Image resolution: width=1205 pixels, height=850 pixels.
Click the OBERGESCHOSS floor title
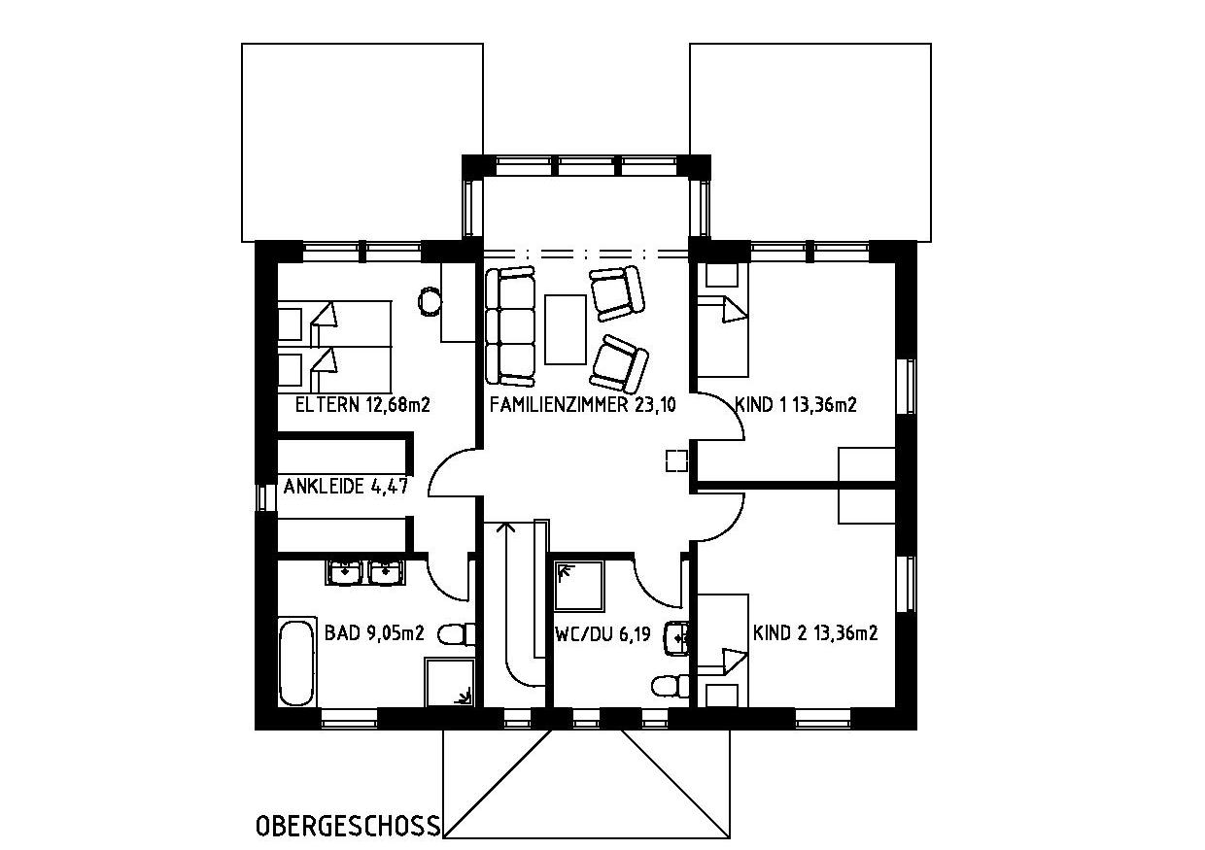[348, 826]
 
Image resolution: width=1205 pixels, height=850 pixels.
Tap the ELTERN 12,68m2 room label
[362, 405]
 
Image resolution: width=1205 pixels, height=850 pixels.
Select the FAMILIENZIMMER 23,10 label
[583, 405]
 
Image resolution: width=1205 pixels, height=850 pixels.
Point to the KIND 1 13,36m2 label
[796, 404]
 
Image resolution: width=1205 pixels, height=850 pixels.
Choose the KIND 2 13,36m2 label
[815, 632]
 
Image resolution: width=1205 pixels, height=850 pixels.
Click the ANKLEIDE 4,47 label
[346, 486]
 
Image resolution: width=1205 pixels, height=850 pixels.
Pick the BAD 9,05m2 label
[374, 632]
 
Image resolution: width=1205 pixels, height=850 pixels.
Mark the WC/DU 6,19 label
[602, 634]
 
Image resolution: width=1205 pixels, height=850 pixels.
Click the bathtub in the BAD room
[296, 661]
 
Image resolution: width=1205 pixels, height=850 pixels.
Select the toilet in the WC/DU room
[671, 686]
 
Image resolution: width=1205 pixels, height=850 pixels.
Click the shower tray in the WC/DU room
[579, 586]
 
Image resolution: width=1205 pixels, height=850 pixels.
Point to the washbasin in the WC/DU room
[677, 638]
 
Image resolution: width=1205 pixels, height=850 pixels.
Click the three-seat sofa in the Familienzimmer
[510, 327]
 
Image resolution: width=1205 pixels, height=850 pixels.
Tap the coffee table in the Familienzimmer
[565, 329]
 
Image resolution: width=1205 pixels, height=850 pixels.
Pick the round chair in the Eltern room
[430, 302]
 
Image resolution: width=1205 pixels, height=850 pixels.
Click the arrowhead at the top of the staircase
[505, 526]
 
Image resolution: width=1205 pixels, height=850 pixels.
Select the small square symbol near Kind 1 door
[676, 460]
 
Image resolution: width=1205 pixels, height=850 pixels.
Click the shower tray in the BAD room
[450, 682]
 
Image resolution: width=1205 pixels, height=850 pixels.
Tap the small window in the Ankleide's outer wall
[262, 497]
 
